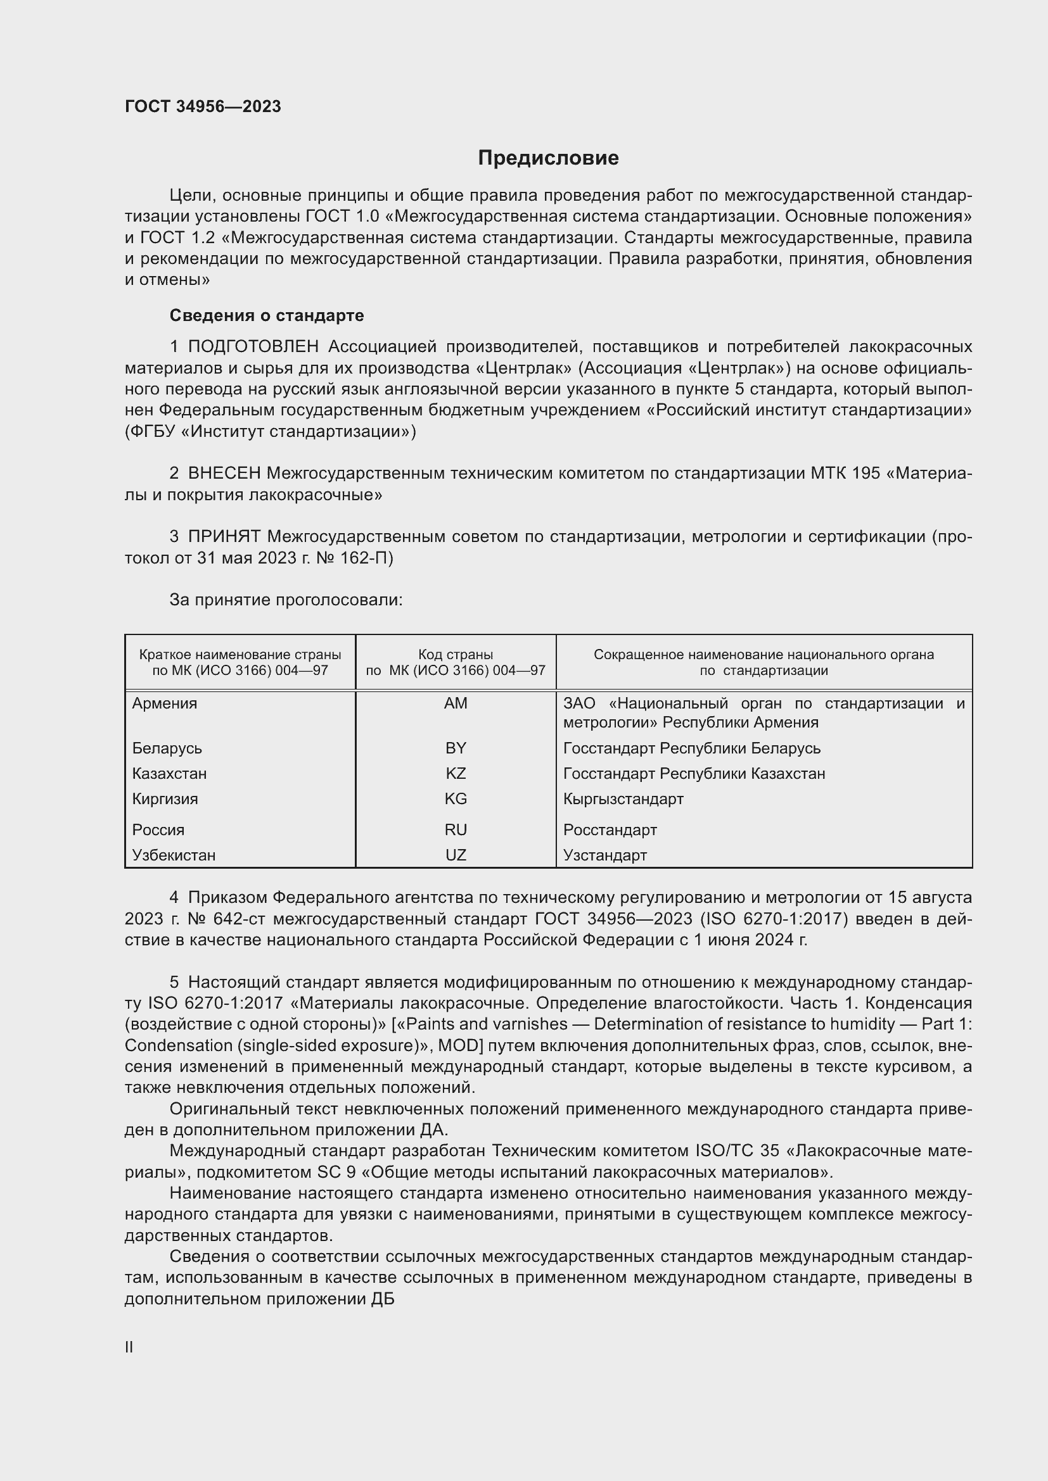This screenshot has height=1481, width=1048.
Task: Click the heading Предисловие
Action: click(548, 158)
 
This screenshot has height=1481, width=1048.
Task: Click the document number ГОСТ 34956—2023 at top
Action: click(203, 107)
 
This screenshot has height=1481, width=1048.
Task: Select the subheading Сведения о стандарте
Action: click(267, 315)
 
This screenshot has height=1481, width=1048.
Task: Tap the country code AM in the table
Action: click(456, 703)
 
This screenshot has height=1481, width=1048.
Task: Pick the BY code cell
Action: click(456, 748)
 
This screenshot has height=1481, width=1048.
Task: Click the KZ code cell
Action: click(456, 773)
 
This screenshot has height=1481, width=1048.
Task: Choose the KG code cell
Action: click(456, 798)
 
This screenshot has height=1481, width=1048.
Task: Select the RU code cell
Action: click(456, 829)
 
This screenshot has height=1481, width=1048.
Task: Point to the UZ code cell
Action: click(456, 855)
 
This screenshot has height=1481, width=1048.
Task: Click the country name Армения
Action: click(165, 703)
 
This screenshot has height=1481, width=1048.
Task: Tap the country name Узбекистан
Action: click(174, 855)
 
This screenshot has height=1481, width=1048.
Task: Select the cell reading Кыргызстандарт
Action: click(623, 798)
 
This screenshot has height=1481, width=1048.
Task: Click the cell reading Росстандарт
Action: click(610, 829)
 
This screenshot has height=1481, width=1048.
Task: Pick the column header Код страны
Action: click(456, 655)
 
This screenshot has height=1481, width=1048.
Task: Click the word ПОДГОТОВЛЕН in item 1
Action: click(253, 347)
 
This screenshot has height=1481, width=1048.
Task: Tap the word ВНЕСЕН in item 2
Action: click(224, 474)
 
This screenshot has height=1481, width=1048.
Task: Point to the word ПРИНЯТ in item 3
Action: click(224, 537)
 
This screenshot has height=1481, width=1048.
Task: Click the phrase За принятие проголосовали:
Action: click(286, 600)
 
